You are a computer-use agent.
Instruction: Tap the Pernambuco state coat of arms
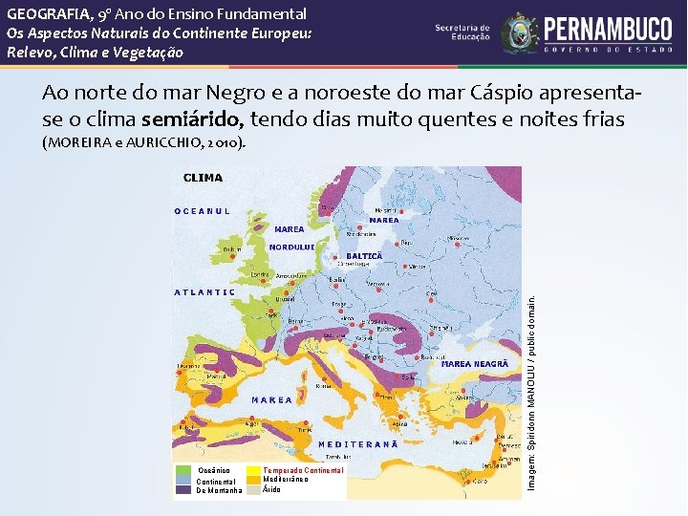tap(520, 32)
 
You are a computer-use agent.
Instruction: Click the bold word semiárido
tap(192, 118)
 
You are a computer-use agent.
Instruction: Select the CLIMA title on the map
tap(203, 178)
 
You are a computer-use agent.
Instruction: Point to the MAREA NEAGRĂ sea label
tap(475, 364)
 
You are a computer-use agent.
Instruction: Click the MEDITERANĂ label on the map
tap(358, 444)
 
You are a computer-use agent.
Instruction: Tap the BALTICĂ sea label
tap(363, 256)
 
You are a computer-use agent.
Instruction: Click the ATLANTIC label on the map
tap(205, 292)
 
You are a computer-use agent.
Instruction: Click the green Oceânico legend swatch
tap(183, 470)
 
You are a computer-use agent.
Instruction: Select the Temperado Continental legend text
tap(302, 470)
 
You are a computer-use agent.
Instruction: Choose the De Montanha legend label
tap(219, 490)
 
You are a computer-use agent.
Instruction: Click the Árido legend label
tap(272, 490)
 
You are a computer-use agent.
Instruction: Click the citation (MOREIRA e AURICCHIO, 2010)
tap(143, 143)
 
